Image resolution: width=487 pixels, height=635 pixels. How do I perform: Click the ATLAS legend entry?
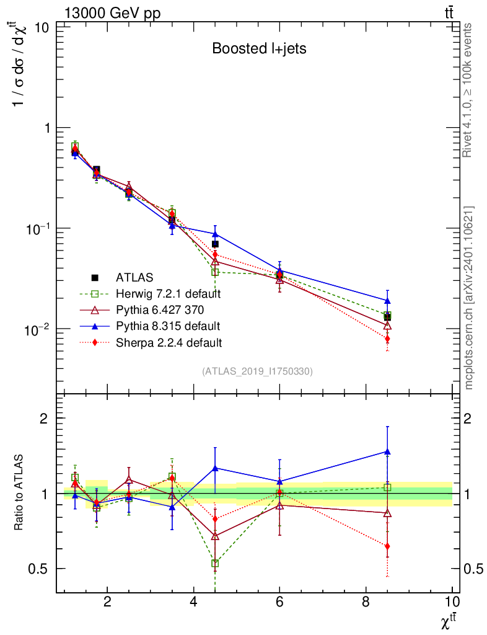pyautogui.click(x=134, y=277)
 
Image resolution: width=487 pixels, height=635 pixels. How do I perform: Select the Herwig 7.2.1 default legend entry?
pyautogui.click(x=169, y=293)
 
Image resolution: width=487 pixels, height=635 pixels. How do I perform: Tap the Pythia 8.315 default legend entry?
pyautogui.click(x=167, y=326)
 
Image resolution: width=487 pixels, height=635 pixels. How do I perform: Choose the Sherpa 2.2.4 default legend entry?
pyautogui.click(x=169, y=342)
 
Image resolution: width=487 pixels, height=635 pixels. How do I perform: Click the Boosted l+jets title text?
pyautogui.click(x=259, y=48)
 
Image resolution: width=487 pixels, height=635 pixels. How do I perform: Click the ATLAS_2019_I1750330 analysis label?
pyautogui.click(x=257, y=372)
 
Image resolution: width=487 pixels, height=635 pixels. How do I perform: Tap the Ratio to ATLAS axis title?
pyautogui.click(x=19, y=492)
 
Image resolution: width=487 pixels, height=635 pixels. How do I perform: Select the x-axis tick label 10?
pyautogui.click(x=452, y=602)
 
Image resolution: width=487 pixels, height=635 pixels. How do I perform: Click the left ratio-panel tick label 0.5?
pyautogui.click(x=41, y=569)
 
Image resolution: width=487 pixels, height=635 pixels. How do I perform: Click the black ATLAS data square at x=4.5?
pyautogui.click(x=215, y=244)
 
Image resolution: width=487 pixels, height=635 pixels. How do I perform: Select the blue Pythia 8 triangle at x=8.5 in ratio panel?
pyautogui.click(x=387, y=451)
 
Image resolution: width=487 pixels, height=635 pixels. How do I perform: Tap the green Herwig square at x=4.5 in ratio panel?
pyautogui.click(x=215, y=564)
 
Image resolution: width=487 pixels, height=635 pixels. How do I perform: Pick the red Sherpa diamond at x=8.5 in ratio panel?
pyautogui.click(x=387, y=546)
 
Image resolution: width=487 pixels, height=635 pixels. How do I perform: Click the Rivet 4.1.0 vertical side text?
pyautogui.click(x=468, y=90)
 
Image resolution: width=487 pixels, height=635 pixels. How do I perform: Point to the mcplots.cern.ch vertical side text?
pyautogui.click(x=468, y=298)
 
